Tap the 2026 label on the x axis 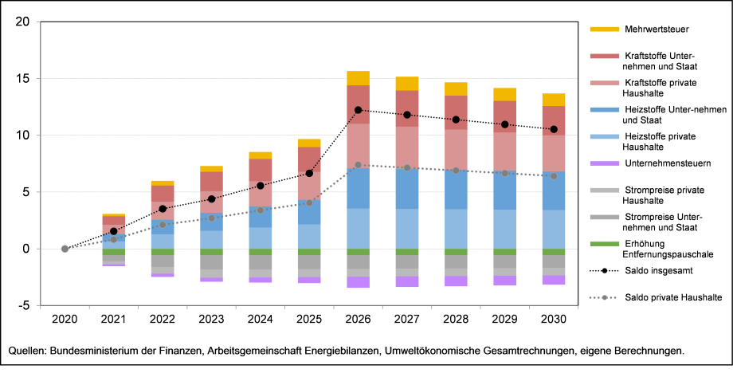(x=358, y=320)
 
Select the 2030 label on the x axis (x=553, y=320)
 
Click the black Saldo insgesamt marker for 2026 (x=358, y=110)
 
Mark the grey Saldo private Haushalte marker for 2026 (x=358, y=165)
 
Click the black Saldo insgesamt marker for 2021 (x=114, y=231)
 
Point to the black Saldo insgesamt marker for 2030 (x=553, y=129)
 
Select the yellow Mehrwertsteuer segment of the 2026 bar (x=358, y=78)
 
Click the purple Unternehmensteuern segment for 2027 (x=406, y=281)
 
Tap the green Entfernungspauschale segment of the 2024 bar (x=261, y=252)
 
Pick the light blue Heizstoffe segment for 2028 (x=456, y=229)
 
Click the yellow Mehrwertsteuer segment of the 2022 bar (x=163, y=183)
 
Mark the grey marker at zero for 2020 (x=65, y=249)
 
